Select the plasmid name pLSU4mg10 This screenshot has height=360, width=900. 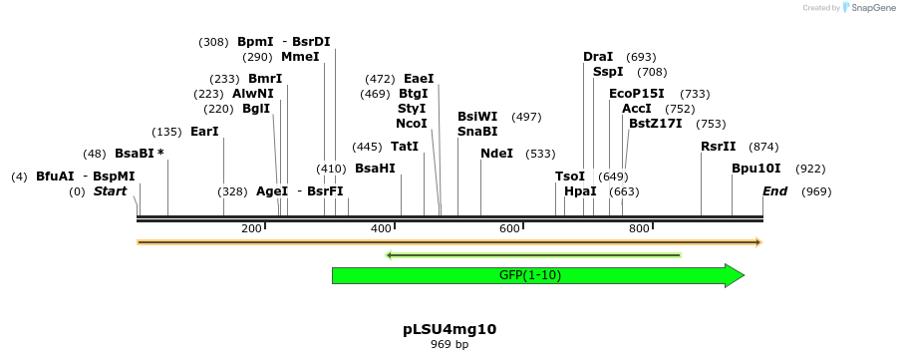450,328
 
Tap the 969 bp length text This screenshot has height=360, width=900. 450,344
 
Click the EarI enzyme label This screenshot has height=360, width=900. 204,132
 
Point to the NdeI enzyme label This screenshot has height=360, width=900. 496,154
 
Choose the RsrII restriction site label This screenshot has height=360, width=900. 718,147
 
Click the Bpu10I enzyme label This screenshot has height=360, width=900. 756,169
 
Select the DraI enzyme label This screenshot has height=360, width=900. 598,57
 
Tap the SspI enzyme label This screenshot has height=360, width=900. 608,72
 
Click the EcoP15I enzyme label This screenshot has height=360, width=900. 637,94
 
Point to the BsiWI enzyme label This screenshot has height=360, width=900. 477,117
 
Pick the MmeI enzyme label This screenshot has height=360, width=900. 300,57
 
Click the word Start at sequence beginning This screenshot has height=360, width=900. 110,191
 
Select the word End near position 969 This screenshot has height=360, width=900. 774,191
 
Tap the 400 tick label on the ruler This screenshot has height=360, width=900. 381,229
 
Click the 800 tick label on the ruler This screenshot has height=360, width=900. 639,229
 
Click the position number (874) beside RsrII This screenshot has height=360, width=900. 763,147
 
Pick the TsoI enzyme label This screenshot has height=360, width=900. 570,177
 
